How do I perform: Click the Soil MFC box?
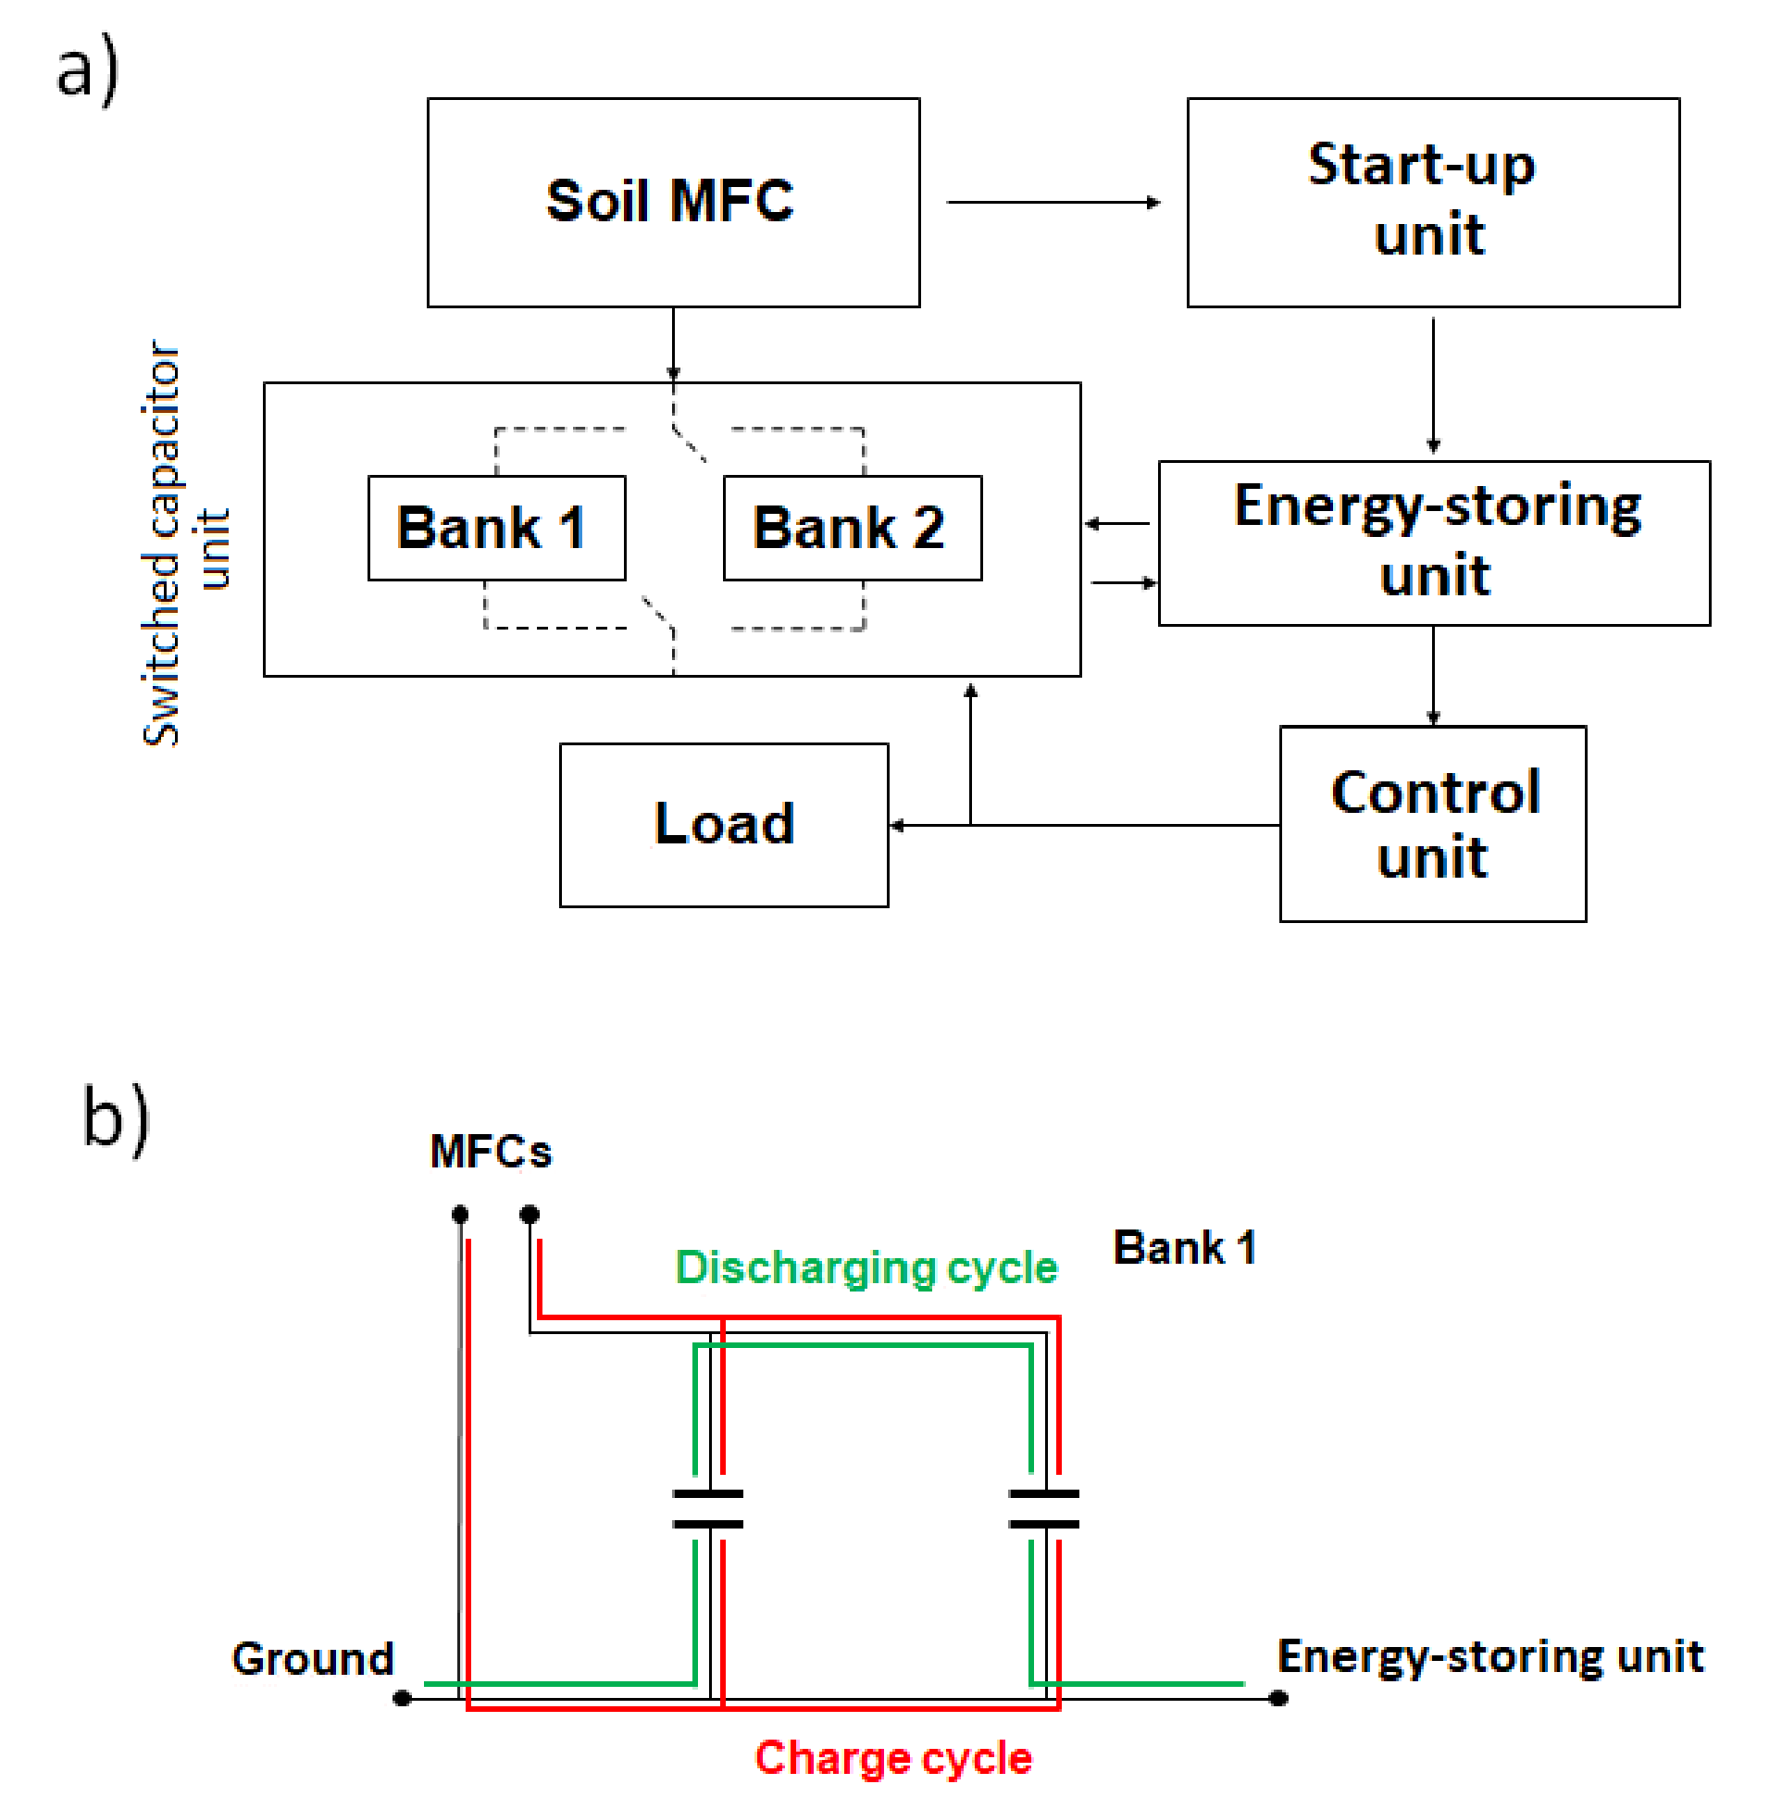point(672,202)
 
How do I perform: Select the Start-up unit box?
point(1432,202)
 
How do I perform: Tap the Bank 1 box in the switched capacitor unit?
point(496,528)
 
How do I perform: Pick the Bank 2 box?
point(851,528)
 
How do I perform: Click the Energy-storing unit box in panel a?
point(1433,543)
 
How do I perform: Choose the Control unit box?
point(1432,824)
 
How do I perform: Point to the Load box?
point(723,824)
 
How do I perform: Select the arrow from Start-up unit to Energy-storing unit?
point(1433,383)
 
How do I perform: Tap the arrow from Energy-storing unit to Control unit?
point(1433,675)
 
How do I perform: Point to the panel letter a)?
point(87,69)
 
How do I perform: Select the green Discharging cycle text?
point(865,1267)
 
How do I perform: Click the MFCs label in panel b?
point(490,1152)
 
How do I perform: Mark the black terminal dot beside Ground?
point(402,1699)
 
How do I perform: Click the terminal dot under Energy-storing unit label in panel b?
point(1278,1699)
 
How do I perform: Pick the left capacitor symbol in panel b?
point(707,1509)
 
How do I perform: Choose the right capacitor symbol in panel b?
point(1043,1509)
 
